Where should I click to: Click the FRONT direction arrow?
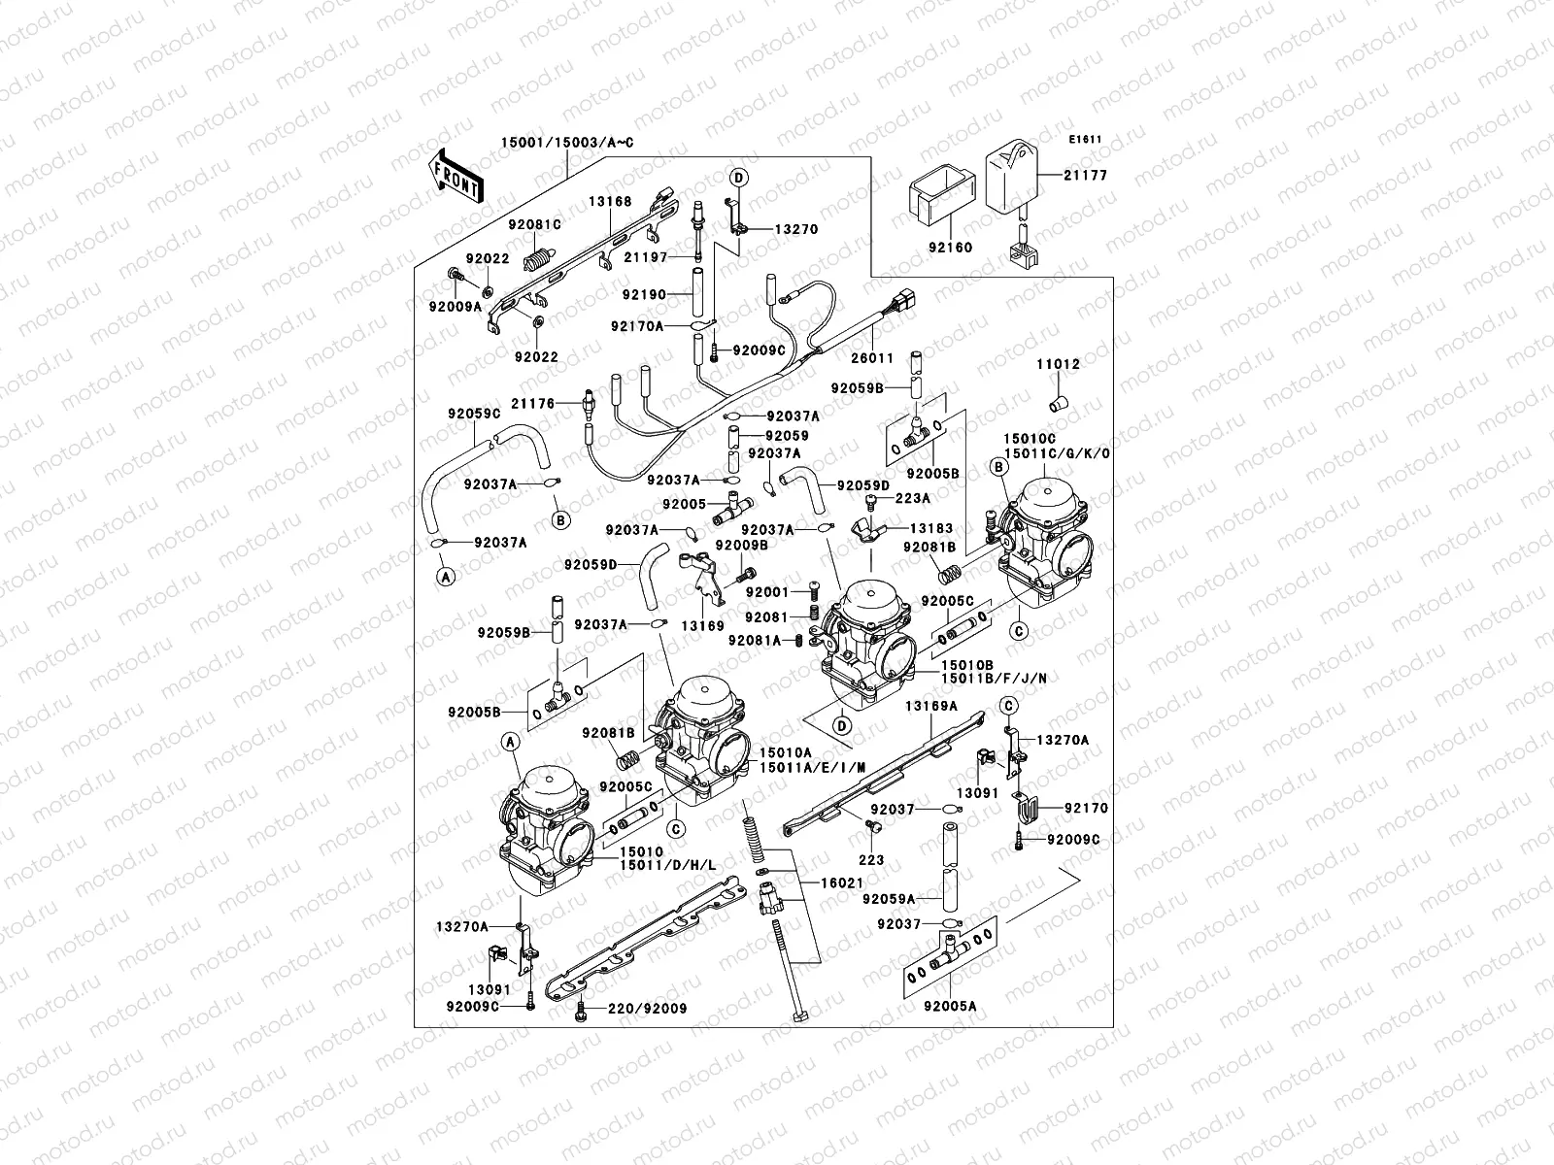(456, 176)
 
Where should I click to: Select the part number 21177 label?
(1086, 176)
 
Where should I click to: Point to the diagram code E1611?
(1086, 139)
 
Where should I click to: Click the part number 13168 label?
(610, 202)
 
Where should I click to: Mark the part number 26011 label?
(872, 358)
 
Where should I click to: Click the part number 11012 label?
(1058, 365)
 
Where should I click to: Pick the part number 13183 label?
(930, 529)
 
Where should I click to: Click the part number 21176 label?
(533, 404)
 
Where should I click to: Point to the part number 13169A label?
(932, 706)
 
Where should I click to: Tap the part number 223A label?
(912, 498)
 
